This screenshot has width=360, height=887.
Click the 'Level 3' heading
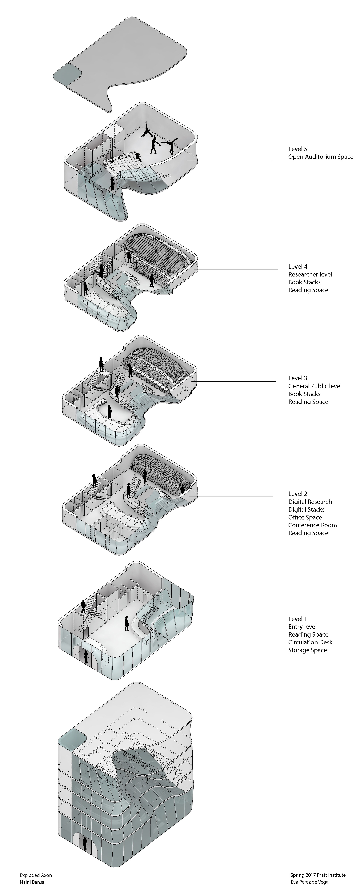[x=298, y=378]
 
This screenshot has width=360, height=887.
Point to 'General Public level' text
[x=315, y=386]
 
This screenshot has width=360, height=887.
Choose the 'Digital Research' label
[x=310, y=502]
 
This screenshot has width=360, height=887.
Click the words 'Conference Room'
[x=312, y=525]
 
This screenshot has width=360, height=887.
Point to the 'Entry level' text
[x=302, y=627]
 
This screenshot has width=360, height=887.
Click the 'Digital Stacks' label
[x=306, y=510]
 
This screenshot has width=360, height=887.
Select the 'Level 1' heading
[x=298, y=619]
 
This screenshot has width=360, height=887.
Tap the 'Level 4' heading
[x=298, y=267]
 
